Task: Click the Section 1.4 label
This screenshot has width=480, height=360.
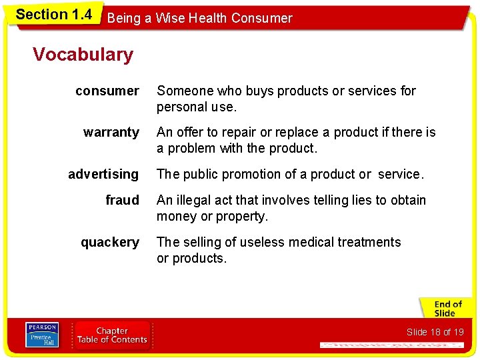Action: tap(53, 15)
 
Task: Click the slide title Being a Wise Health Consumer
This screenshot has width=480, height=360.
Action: tap(199, 19)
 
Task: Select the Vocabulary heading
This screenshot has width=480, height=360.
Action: tap(83, 55)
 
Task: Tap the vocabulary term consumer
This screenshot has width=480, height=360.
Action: tap(107, 91)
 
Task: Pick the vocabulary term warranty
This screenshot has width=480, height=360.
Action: tap(111, 132)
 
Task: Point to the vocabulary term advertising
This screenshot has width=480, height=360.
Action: tap(103, 174)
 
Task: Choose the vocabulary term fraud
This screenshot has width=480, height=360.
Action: tap(122, 200)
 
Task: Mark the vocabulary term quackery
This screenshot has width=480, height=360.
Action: tap(110, 242)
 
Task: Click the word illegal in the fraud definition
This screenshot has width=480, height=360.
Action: tap(193, 200)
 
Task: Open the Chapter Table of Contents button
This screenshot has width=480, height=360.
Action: tap(112, 335)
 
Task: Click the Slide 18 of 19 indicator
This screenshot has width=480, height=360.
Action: tap(435, 332)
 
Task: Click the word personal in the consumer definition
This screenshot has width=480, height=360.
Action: tap(180, 107)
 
